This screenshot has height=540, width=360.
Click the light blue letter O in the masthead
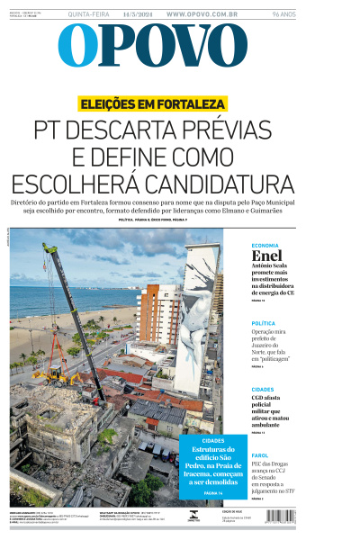tap(76, 46)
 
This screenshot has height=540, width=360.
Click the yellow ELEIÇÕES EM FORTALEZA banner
tap(152, 103)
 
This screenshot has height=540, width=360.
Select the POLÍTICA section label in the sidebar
tap(263, 322)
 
